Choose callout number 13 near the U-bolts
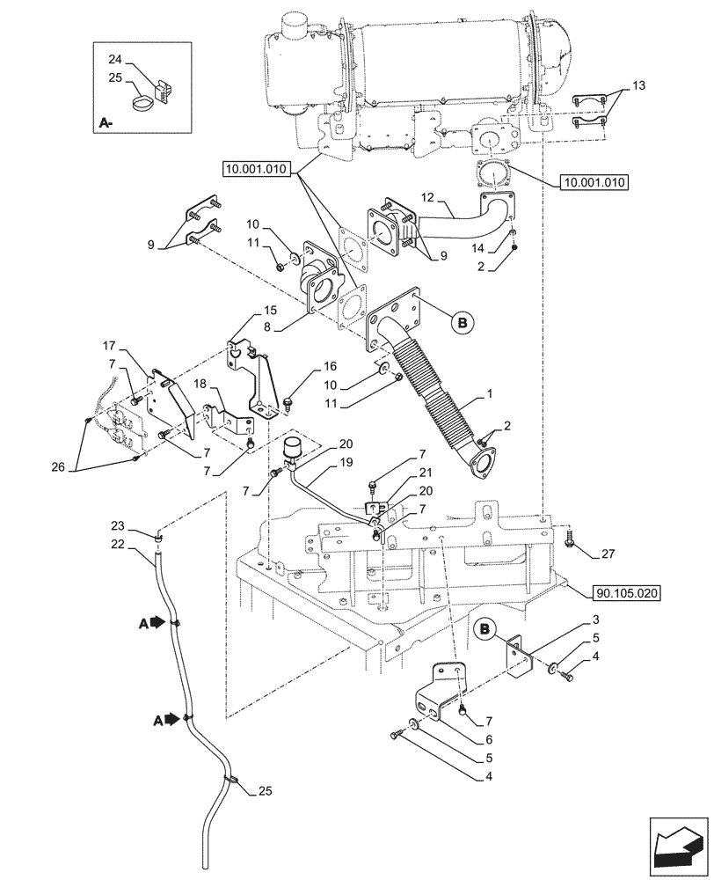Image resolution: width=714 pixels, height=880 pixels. [x=638, y=85]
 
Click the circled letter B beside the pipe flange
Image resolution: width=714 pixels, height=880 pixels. [x=465, y=323]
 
